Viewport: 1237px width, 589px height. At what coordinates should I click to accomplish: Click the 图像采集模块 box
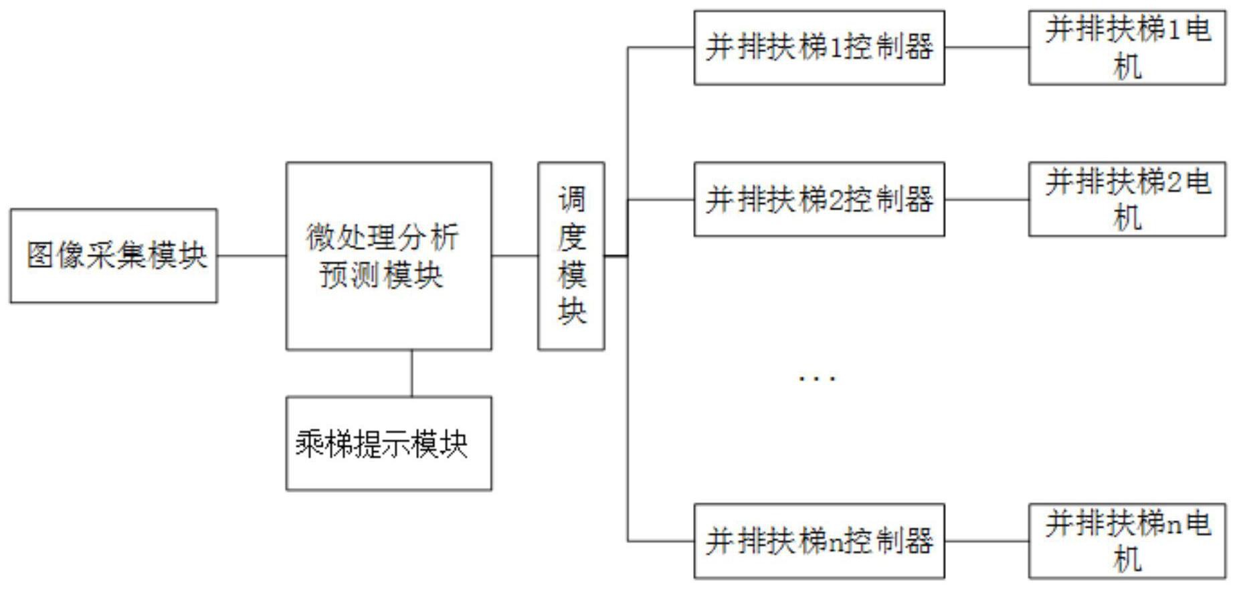(x=114, y=255)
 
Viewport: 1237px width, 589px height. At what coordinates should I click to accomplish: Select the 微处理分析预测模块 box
(x=389, y=255)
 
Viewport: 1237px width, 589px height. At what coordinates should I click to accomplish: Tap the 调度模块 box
(x=571, y=255)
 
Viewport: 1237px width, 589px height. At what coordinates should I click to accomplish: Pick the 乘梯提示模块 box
(x=389, y=443)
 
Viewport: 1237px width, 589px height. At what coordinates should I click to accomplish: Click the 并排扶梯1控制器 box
(x=819, y=47)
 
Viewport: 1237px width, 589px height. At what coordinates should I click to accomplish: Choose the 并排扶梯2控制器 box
(x=819, y=199)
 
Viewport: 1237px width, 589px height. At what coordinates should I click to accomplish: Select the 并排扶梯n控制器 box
(x=819, y=541)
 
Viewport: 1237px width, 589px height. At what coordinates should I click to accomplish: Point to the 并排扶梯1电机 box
(x=1127, y=47)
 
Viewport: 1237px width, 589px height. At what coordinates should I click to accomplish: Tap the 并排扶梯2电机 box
(x=1127, y=199)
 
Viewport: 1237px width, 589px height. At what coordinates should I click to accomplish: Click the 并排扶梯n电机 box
(x=1127, y=541)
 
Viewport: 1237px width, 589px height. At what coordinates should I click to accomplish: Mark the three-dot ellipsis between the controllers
(x=817, y=379)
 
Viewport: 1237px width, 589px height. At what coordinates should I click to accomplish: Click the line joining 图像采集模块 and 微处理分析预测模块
(x=252, y=255)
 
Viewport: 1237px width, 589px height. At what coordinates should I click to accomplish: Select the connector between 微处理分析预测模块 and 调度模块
(x=514, y=255)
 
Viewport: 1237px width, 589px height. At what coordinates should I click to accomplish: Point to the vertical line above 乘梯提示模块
(x=411, y=373)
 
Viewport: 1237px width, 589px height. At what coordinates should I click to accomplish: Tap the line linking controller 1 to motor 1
(x=986, y=47)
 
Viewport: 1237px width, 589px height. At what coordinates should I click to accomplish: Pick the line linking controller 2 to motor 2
(x=986, y=199)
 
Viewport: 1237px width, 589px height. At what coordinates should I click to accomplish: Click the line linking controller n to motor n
(x=986, y=541)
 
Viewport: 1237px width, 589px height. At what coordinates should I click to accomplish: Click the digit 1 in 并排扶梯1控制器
(x=834, y=48)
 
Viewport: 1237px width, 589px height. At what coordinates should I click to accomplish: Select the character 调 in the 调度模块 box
(x=572, y=199)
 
